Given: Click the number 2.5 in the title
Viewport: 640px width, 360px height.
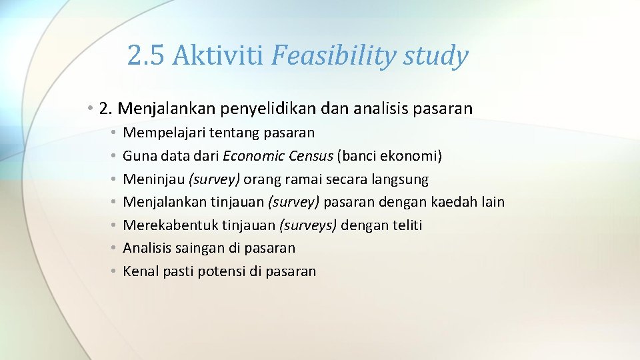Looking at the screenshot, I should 146,56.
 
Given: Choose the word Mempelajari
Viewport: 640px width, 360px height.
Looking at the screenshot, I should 163,133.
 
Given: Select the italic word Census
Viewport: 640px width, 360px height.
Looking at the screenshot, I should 311,156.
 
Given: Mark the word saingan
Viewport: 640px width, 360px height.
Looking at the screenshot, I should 197,248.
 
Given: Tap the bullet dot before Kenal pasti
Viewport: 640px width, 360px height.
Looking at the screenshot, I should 115,271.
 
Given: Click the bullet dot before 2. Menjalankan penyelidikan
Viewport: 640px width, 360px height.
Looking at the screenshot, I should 89,108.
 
